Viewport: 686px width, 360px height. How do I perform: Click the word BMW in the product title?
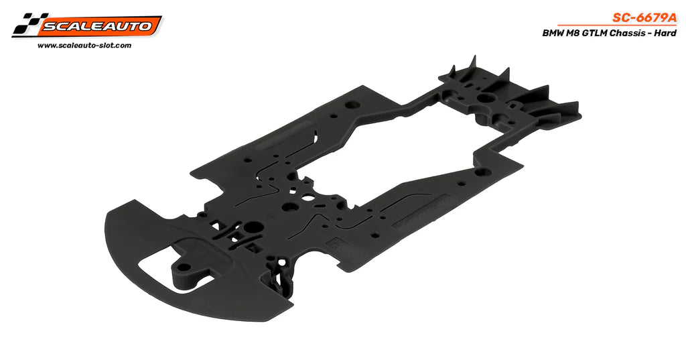552,34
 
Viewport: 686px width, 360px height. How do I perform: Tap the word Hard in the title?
665,34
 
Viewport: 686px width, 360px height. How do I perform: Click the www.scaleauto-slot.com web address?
84,46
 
